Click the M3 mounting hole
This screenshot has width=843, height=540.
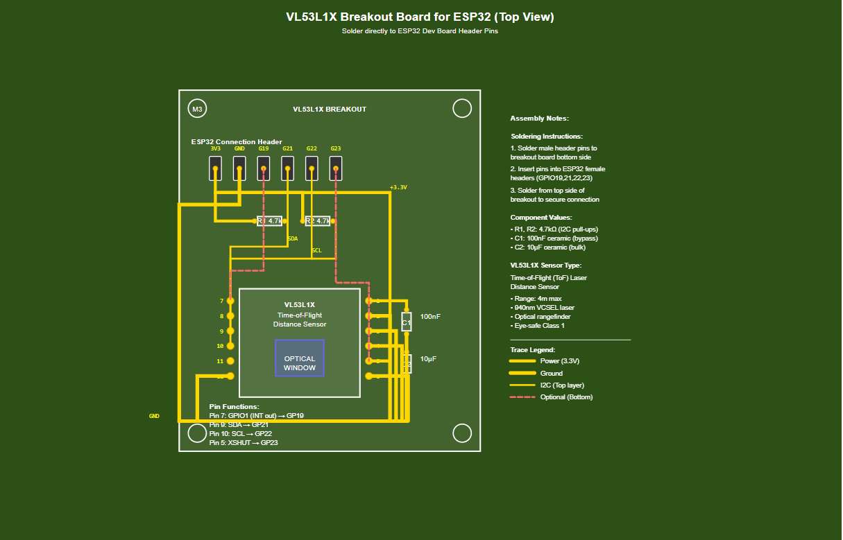[197, 109]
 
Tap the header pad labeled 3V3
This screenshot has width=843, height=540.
[216, 168]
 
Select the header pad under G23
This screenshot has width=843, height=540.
[336, 168]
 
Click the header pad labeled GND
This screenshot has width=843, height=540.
[239, 168]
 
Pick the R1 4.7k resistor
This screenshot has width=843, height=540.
[269, 221]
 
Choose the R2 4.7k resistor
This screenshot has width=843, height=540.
[317, 221]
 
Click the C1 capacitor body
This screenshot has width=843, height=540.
[407, 322]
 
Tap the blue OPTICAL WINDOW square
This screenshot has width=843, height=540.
[300, 358]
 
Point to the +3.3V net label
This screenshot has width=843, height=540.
[398, 187]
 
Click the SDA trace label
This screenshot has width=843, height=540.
[293, 238]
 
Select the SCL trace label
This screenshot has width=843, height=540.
[316, 250]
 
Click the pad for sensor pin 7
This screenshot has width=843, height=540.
[230, 301]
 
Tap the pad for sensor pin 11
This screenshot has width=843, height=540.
[230, 361]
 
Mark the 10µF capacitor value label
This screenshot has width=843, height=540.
[427, 359]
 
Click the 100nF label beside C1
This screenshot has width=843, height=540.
[430, 317]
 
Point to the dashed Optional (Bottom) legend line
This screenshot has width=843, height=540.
[522, 397]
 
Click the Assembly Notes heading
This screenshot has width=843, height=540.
[539, 119]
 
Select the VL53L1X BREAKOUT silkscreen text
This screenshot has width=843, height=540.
[330, 110]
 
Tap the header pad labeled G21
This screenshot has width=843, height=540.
[288, 168]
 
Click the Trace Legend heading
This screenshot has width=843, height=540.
[532, 350]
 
